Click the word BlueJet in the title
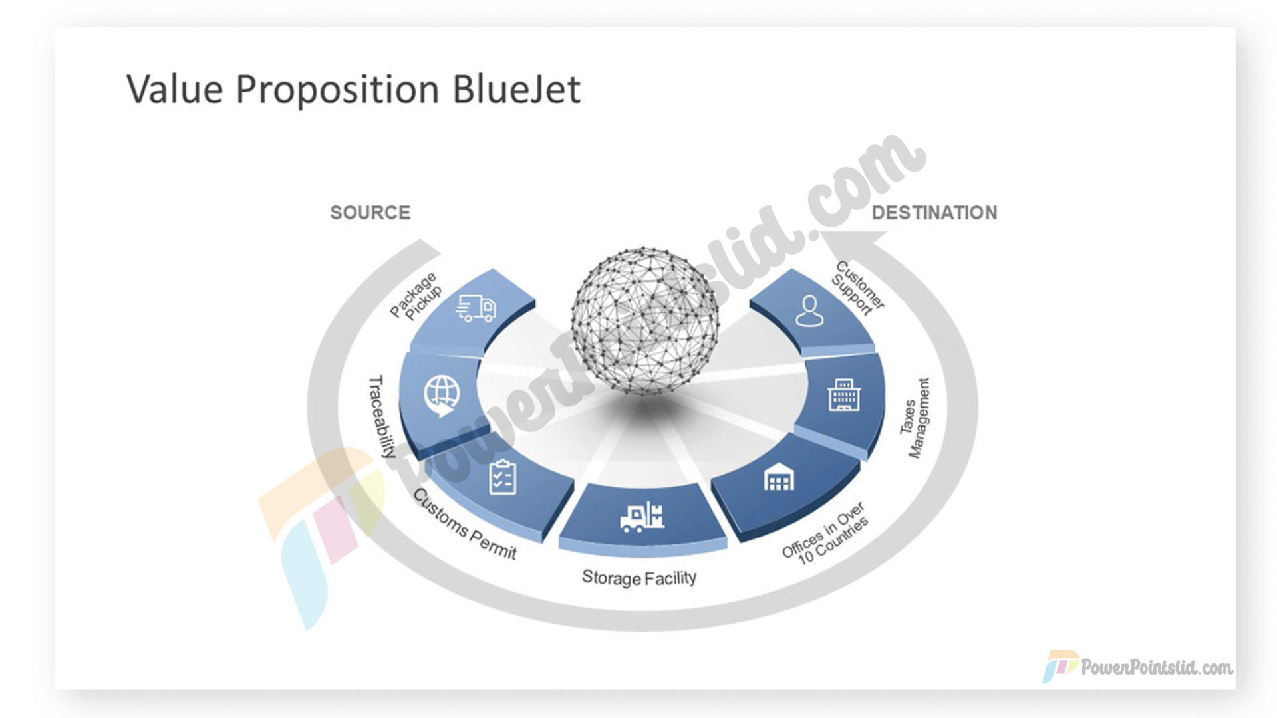[x=516, y=90]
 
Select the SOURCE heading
[x=370, y=213]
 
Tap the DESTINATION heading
[x=934, y=213]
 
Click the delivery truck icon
[x=476, y=308]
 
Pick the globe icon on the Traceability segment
[x=442, y=395]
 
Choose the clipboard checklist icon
[x=503, y=477]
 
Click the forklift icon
[x=642, y=517]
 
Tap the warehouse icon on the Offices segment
[x=779, y=477]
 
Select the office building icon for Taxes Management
[x=844, y=395]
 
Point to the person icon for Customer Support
[x=809, y=311]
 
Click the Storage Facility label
[x=639, y=578]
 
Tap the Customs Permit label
[x=465, y=525]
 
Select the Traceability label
[x=381, y=416]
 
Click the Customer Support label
[x=859, y=288]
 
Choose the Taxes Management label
[x=915, y=418]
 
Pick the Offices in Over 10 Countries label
[x=825, y=534]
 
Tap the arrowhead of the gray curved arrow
[x=854, y=244]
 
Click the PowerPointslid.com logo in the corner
[x=1138, y=666]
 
